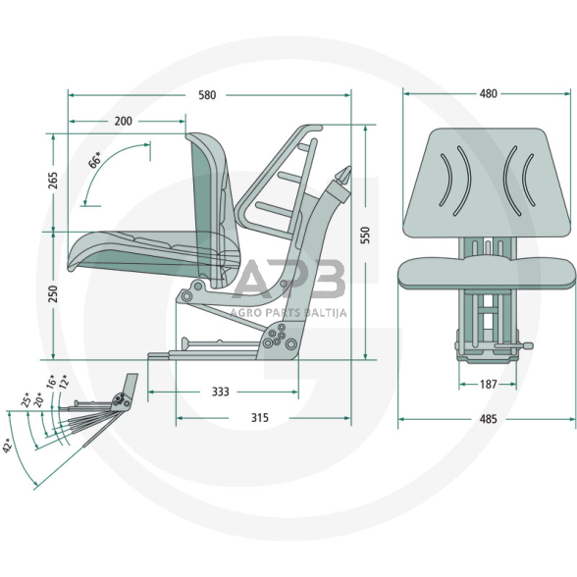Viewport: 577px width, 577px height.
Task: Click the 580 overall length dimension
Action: point(207,95)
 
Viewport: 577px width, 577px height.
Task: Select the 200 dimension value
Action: point(123,121)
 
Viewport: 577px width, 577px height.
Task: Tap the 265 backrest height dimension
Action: point(53,181)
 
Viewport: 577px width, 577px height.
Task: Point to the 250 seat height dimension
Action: point(53,293)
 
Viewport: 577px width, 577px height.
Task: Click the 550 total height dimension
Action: point(365,235)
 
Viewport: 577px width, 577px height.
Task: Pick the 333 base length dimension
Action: point(221,392)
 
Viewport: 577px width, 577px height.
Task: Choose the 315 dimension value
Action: point(260,418)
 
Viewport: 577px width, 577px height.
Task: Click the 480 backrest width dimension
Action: point(489,94)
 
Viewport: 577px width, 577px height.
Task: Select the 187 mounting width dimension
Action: point(489,385)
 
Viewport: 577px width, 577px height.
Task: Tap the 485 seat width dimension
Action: point(489,419)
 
